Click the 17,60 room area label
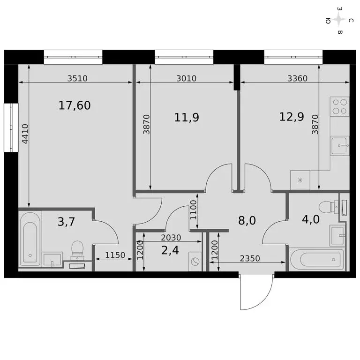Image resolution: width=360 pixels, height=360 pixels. (75, 106)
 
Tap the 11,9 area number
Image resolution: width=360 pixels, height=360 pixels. (186, 117)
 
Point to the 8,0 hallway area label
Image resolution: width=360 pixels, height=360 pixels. (247, 221)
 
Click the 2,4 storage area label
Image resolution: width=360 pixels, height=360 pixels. (169, 249)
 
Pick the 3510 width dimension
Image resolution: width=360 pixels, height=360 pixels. (77, 79)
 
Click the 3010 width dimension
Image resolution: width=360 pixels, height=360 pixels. (186, 79)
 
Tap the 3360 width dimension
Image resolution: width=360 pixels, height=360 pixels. (297, 79)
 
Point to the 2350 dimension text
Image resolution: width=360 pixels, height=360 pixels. (250, 258)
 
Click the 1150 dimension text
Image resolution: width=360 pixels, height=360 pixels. (114, 255)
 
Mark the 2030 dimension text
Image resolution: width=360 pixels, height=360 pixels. (171, 237)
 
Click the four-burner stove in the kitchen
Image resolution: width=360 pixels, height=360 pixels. (339, 106)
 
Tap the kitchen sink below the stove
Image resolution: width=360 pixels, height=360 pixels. (340, 146)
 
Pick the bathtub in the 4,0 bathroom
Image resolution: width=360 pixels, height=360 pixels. (316, 258)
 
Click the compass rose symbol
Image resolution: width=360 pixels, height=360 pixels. (339, 20)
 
